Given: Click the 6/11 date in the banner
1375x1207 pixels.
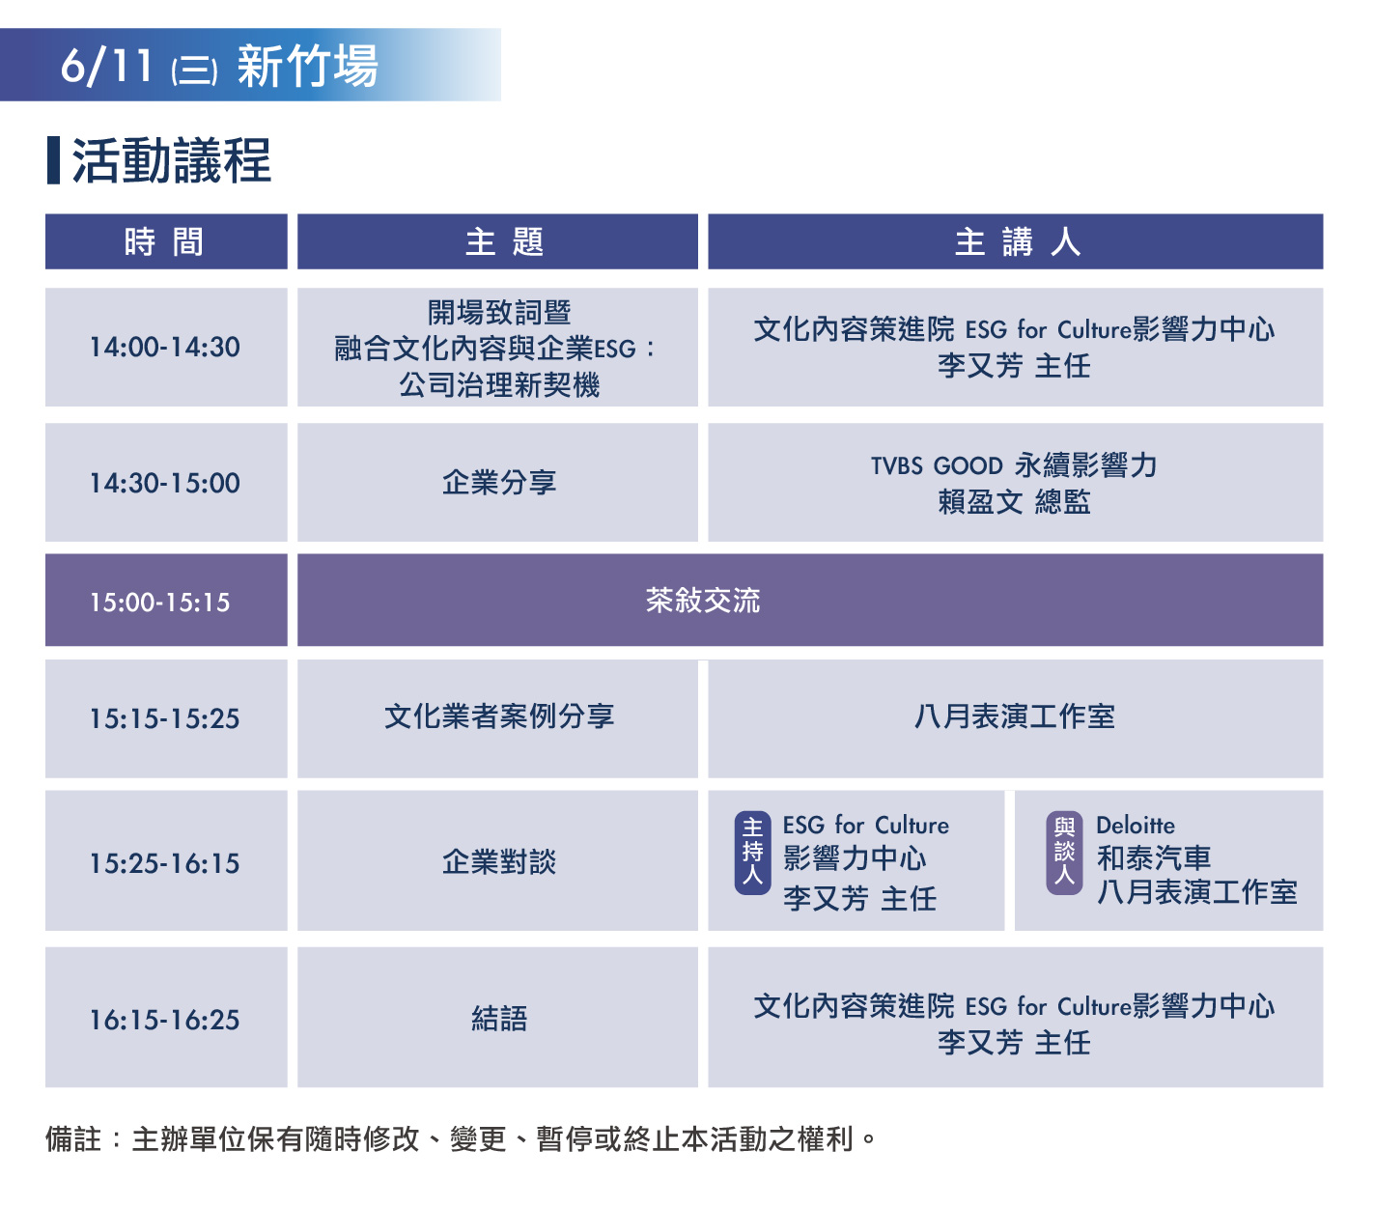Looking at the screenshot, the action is [106, 66].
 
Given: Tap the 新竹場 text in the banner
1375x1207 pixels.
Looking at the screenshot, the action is [307, 66].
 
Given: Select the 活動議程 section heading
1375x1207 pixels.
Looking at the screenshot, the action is [172, 161].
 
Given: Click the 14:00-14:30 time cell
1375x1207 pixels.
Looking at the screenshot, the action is [165, 347].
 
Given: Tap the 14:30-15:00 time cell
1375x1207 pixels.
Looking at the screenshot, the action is [165, 483].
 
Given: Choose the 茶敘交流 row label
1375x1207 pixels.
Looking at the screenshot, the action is [703, 600].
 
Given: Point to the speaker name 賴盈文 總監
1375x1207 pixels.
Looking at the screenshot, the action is [1015, 502].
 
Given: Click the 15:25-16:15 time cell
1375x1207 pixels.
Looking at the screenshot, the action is [165, 863].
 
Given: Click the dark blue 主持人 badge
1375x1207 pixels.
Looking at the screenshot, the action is [752, 853].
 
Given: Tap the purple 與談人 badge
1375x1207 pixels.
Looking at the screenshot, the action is [1064, 853].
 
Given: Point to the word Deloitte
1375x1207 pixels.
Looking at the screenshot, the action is [1136, 825].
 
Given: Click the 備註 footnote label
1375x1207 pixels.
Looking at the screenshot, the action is [73, 1139].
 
